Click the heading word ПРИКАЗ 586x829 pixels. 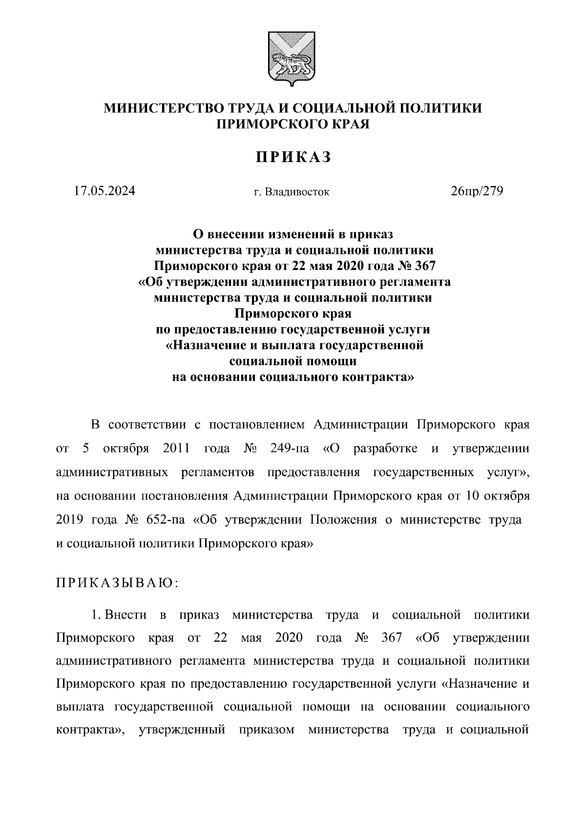click(293, 157)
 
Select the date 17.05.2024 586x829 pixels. click(105, 191)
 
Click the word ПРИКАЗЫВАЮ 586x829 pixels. click(118, 583)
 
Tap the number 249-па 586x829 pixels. click(290, 449)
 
